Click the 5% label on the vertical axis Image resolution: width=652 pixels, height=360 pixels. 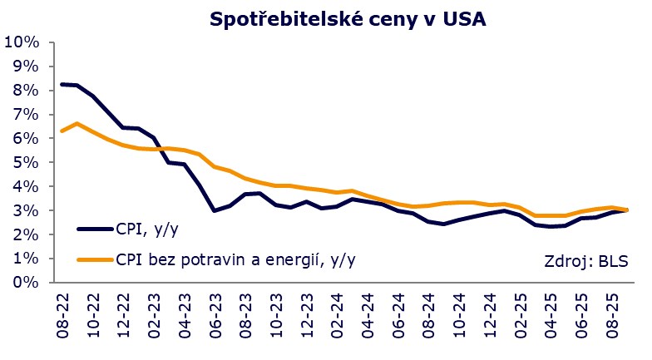(23, 163)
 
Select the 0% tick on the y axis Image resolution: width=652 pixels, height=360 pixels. (23, 283)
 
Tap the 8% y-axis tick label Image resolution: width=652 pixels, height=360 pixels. (23, 91)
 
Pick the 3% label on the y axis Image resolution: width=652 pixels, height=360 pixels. (23, 211)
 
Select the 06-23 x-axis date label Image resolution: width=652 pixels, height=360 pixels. (215, 315)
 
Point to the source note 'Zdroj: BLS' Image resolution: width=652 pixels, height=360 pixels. (585, 263)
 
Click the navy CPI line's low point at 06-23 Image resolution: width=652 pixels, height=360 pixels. (215, 210)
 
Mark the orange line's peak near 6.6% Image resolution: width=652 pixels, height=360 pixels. (77, 123)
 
